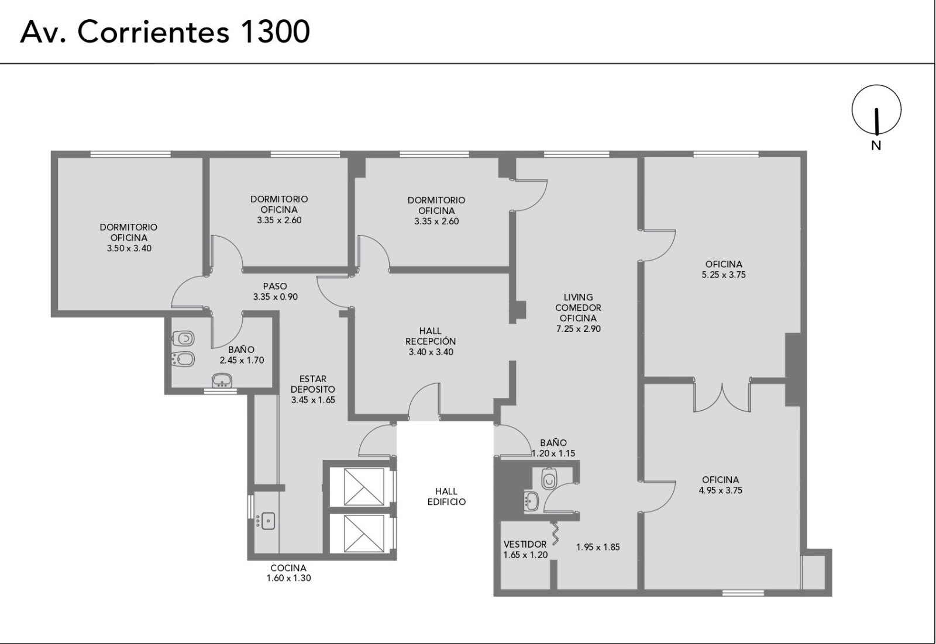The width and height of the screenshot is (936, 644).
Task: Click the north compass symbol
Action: click(x=876, y=110)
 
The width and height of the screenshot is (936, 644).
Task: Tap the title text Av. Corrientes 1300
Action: click(x=165, y=32)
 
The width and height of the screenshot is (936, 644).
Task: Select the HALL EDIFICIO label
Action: click(x=446, y=497)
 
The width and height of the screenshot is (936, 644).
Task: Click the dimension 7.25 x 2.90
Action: click(x=579, y=329)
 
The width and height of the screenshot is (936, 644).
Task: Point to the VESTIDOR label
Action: click(x=525, y=544)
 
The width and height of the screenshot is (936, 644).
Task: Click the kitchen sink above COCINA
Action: click(x=267, y=521)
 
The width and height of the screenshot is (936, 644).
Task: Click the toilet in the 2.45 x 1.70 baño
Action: click(x=183, y=338)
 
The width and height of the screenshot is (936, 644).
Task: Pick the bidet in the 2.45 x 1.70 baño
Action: click(x=183, y=359)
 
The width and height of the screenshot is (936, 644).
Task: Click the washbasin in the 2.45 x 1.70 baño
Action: click(x=222, y=380)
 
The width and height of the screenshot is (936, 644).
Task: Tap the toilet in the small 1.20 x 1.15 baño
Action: click(x=549, y=479)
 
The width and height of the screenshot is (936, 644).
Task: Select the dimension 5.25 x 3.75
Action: click(x=724, y=275)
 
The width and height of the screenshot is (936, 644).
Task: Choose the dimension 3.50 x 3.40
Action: click(x=129, y=248)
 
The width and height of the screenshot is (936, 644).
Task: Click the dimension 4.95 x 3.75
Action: click(x=720, y=490)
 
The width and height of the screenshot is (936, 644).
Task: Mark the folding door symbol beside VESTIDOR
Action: click(x=555, y=533)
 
